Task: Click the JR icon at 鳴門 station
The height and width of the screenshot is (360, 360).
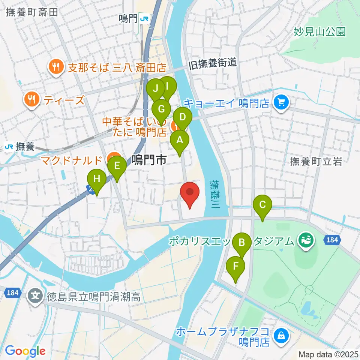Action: click(144, 18)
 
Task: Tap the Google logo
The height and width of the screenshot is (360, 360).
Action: click(25, 351)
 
